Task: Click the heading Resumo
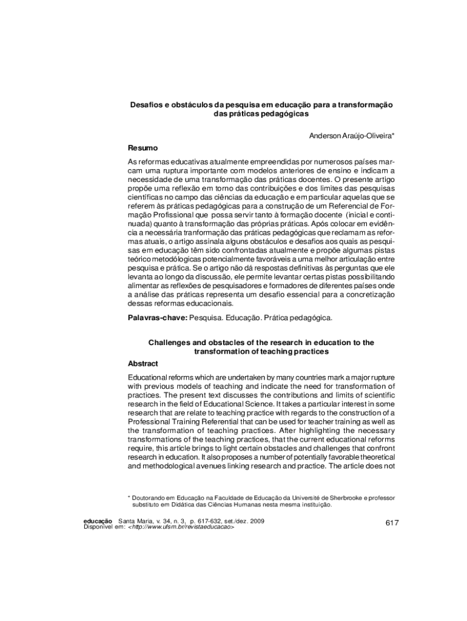(143, 148)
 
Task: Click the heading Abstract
(143, 363)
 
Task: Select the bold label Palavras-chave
(157, 317)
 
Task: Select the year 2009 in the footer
(257, 521)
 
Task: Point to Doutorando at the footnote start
(150, 497)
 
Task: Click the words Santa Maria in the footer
(136, 521)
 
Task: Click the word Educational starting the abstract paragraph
(149, 377)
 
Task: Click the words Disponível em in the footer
(103, 527)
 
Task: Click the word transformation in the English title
(220, 351)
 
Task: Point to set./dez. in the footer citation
(235, 521)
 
